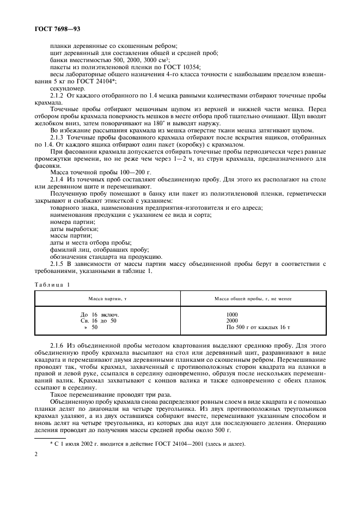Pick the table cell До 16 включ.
[x=99, y=314]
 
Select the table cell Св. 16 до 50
[x=99, y=321]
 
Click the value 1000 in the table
[x=232, y=314]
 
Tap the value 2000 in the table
[x=232, y=321]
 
